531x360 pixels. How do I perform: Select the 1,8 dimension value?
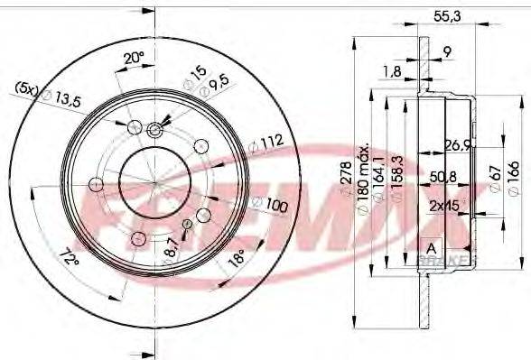pos(393,69)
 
